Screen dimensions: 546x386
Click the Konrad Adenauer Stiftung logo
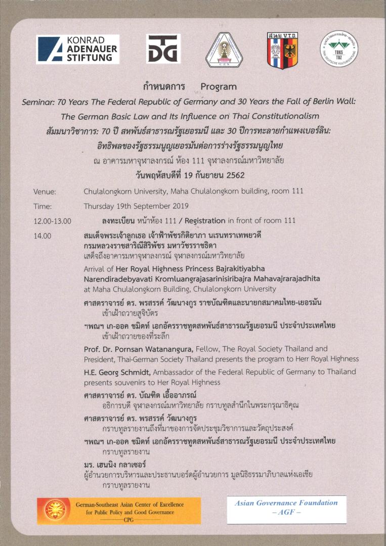[x=77, y=49]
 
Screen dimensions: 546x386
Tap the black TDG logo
[x=163, y=49]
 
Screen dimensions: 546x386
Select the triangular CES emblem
[x=224, y=50]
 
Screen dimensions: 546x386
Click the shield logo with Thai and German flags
[x=282, y=50]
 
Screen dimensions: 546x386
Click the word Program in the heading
[x=218, y=86]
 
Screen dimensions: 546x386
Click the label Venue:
[x=45, y=192]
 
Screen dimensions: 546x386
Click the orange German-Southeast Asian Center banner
[x=119, y=511]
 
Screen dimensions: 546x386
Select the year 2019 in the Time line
[x=179, y=206]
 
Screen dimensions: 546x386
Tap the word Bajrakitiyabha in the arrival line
[x=225, y=268]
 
